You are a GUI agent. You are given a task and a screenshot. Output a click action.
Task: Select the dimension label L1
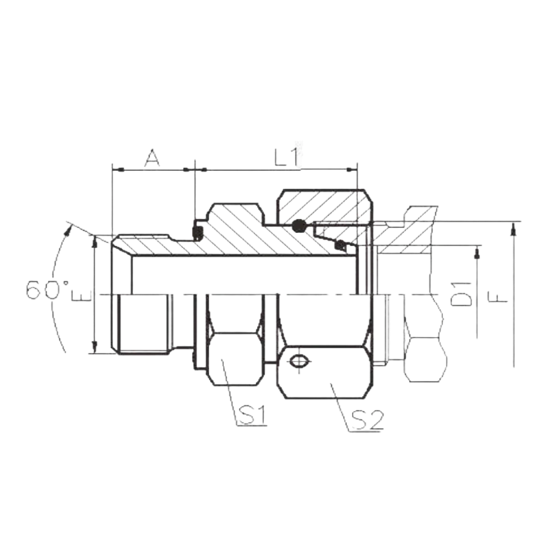287,158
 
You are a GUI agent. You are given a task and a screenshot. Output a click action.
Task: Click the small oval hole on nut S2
298,362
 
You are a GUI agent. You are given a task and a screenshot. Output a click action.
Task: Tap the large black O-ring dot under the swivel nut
299,226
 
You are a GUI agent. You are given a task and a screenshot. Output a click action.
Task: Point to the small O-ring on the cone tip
341,245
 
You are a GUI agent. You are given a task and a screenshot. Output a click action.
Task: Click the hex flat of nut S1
233,359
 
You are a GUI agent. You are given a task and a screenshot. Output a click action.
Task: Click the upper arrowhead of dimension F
513,229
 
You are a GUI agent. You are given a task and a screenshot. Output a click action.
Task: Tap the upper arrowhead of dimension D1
477,253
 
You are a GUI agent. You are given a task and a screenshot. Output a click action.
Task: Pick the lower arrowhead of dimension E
95,346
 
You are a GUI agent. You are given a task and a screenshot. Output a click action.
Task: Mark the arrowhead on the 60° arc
67,230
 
